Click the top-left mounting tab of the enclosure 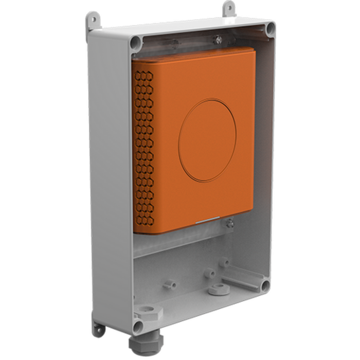coord(93,19)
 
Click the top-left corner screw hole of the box coord(136,42)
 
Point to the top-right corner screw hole coord(269,27)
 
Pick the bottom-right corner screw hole coord(264,285)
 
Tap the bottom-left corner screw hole coord(137,326)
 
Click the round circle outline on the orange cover coord(208,140)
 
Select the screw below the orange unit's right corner coord(229,223)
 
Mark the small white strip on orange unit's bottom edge coord(209,222)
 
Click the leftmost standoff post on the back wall coord(169,283)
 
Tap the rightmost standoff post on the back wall coord(224,263)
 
